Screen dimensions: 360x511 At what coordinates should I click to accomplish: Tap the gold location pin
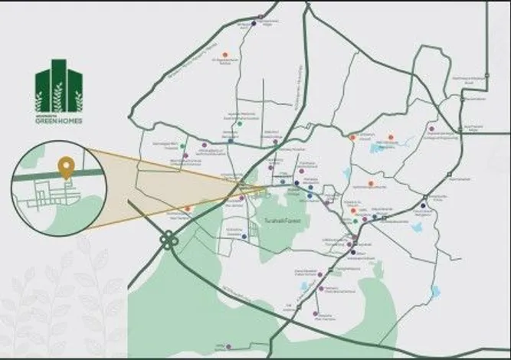(x=67, y=166)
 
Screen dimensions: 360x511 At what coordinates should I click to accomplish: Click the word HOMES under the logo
(x=69, y=121)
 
